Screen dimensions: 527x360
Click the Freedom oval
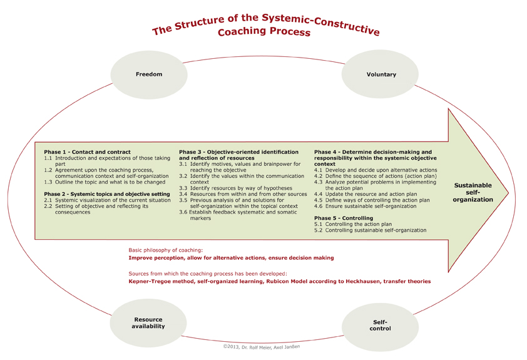click(149, 75)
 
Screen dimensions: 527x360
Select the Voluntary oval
click(380, 75)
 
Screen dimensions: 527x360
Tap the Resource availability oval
click(148, 323)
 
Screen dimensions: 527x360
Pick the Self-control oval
click(380, 326)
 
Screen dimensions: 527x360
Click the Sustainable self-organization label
click(473, 192)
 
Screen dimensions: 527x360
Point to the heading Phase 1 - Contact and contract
click(87, 152)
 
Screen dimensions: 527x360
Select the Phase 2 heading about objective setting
click(107, 194)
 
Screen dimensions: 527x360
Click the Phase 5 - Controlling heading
click(344, 218)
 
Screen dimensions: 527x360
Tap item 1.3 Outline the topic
click(105, 182)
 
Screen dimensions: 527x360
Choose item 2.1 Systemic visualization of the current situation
click(107, 200)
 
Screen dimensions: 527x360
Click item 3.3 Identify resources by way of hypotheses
click(235, 188)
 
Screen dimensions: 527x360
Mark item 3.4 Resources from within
click(243, 194)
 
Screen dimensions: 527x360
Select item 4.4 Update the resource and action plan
click(366, 194)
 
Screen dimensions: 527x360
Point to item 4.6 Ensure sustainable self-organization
click(366, 206)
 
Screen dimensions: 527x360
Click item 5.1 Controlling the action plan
click(353, 224)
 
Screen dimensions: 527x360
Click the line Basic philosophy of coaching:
click(166, 250)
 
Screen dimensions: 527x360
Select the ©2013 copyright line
click(262, 347)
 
